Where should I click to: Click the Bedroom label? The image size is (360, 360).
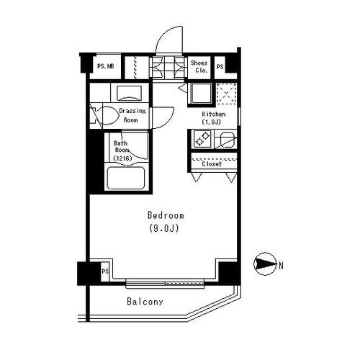(x=166, y=215)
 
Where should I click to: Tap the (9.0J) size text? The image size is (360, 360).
(x=164, y=228)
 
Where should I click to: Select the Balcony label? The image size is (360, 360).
(x=145, y=302)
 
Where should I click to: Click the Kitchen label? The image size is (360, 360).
(x=214, y=114)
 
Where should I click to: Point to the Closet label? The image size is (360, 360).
(x=212, y=164)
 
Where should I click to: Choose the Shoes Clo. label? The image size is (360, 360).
(x=199, y=67)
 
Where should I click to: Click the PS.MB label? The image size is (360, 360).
(x=106, y=66)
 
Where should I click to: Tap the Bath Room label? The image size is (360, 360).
(x=121, y=147)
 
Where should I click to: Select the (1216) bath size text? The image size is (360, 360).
(x=122, y=158)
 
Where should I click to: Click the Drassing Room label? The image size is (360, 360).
(x=132, y=115)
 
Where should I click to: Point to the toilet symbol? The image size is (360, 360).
(x=105, y=117)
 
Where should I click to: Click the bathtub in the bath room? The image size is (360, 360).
(x=126, y=178)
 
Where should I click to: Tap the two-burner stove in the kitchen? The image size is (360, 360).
(x=202, y=139)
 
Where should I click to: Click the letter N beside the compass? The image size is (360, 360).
(x=281, y=266)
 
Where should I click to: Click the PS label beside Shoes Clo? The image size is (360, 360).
(x=220, y=66)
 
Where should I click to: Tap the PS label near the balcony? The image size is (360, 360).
(x=105, y=271)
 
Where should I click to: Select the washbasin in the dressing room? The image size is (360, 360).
(x=129, y=93)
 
